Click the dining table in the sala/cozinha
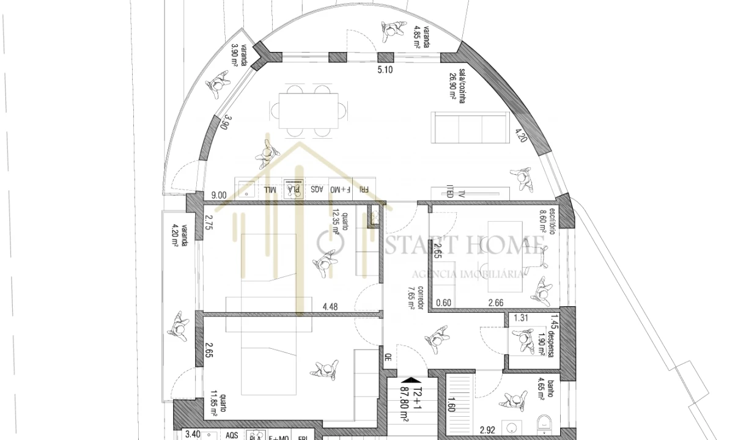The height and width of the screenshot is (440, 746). (x=309, y=111)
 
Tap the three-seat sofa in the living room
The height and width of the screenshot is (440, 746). (x=468, y=128)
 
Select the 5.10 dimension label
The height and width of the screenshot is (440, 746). (x=385, y=70)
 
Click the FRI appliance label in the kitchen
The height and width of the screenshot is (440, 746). (x=363, y=189)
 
